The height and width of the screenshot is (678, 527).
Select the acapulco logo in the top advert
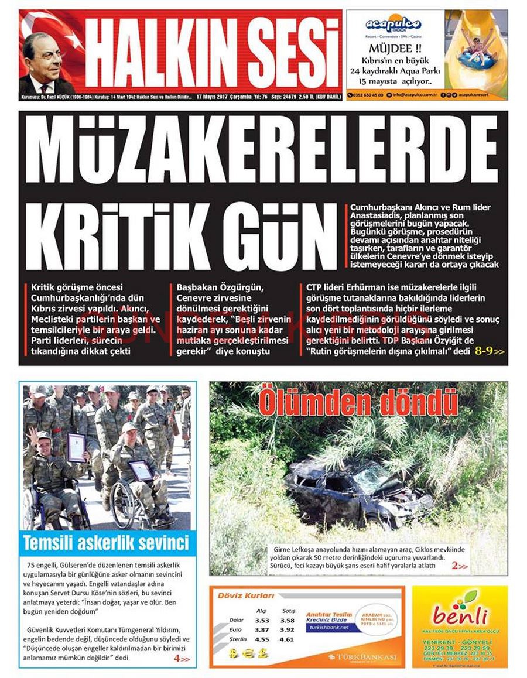coord(393,25)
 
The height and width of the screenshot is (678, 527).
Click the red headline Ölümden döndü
coord(358,403)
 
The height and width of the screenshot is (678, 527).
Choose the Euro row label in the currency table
coord(236,629)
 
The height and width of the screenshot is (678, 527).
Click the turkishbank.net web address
coord(327,627)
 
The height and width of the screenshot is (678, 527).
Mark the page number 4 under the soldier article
coord(177,659)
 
